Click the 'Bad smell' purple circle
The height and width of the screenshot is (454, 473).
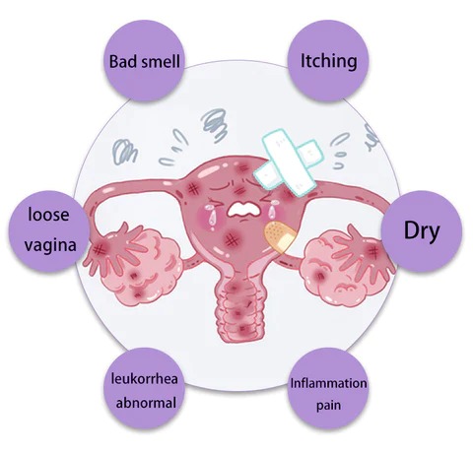pos(144,61)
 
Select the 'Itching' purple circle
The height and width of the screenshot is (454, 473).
pos(328,61)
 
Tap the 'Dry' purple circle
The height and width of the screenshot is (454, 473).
pos(422,231)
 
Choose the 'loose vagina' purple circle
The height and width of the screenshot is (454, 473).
pos(49,231)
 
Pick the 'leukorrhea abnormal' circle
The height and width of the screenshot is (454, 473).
pos(144,389)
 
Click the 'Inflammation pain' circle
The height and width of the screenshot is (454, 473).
pos(328,389)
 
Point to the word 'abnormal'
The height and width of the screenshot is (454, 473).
pos(146,403)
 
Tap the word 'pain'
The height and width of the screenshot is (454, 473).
pos(328,406)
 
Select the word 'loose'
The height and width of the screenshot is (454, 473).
pos(48,215)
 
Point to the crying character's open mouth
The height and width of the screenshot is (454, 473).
pos(243,210)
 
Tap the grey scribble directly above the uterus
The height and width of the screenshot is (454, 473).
pos(215,125)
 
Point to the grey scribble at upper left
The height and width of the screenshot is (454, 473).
pos(124,152)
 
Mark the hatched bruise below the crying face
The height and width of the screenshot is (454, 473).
pos(232,240)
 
